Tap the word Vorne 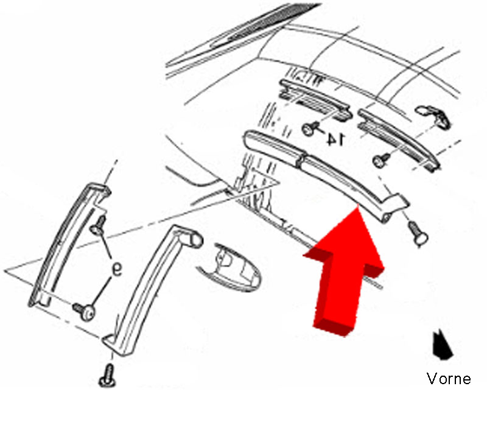pyautogui.click(x=449, y=379)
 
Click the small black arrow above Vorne pyautogui.click(x=442, y=345)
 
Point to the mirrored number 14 pyautogui.click(x=335, y=139)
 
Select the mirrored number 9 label pyautogui.click(x=117, y=269)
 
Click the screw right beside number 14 pyautogui.click(x=310, y=128)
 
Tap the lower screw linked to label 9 pyautogui.click(x=85, y=310)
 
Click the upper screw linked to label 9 pyautogui.click(x=98, y=226)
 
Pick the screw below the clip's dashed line pyautogui.click(x=382, y=160)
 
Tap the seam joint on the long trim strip pyautogui.click(x=301, y=159)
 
